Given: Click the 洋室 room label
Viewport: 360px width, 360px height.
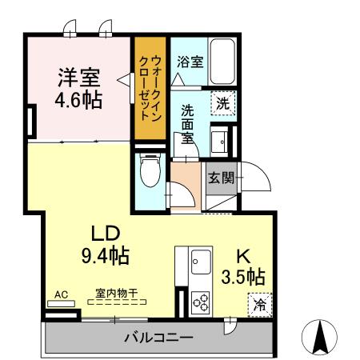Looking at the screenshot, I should (78, 78).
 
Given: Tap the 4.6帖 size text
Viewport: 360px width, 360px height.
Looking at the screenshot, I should (78, 101).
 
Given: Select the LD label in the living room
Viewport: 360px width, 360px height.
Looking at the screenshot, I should (105, 234).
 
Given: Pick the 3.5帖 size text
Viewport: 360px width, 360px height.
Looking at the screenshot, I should (243, 278).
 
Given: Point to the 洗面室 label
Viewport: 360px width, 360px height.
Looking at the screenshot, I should (187, 123).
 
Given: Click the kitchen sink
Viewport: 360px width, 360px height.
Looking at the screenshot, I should (200, 261).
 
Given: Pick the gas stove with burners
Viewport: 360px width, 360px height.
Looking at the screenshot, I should (200, 303).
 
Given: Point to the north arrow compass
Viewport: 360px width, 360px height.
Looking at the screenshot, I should (321, 336).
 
